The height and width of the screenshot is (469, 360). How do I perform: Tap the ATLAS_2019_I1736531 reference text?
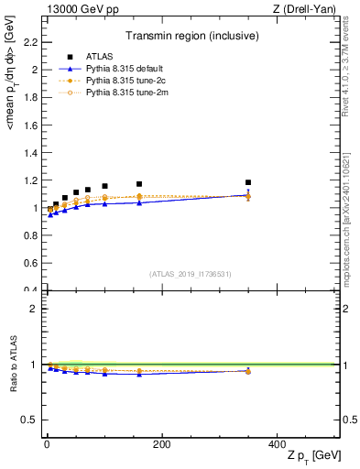click(191, 274)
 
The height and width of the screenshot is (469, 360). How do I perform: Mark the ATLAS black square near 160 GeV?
click(139, 184)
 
